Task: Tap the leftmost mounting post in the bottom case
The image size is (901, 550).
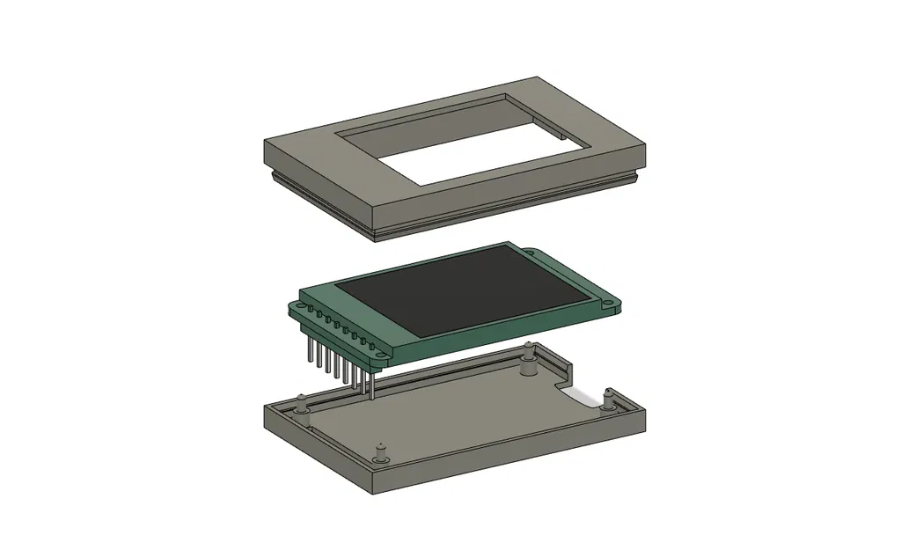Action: (x=301, y=406)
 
